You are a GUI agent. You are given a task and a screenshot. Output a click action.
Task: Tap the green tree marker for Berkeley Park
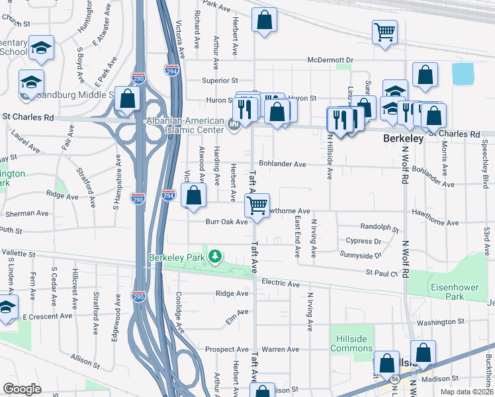(x=214, y=256)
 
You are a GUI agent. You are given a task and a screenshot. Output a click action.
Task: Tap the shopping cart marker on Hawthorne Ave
(x=257, y=204)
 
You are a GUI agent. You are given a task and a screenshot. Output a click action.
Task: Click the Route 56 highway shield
(x=395, y=378)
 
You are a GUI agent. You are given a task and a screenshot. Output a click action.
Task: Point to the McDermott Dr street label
(x=330, y=60)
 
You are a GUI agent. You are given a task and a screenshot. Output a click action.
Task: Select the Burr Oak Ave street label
(x=226, y=222)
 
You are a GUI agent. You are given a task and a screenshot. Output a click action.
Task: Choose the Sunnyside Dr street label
(x=361, y=254)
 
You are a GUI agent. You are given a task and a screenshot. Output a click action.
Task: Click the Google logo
(x=22, y=389)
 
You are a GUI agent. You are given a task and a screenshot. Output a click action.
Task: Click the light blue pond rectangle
(x=463, y=73)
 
